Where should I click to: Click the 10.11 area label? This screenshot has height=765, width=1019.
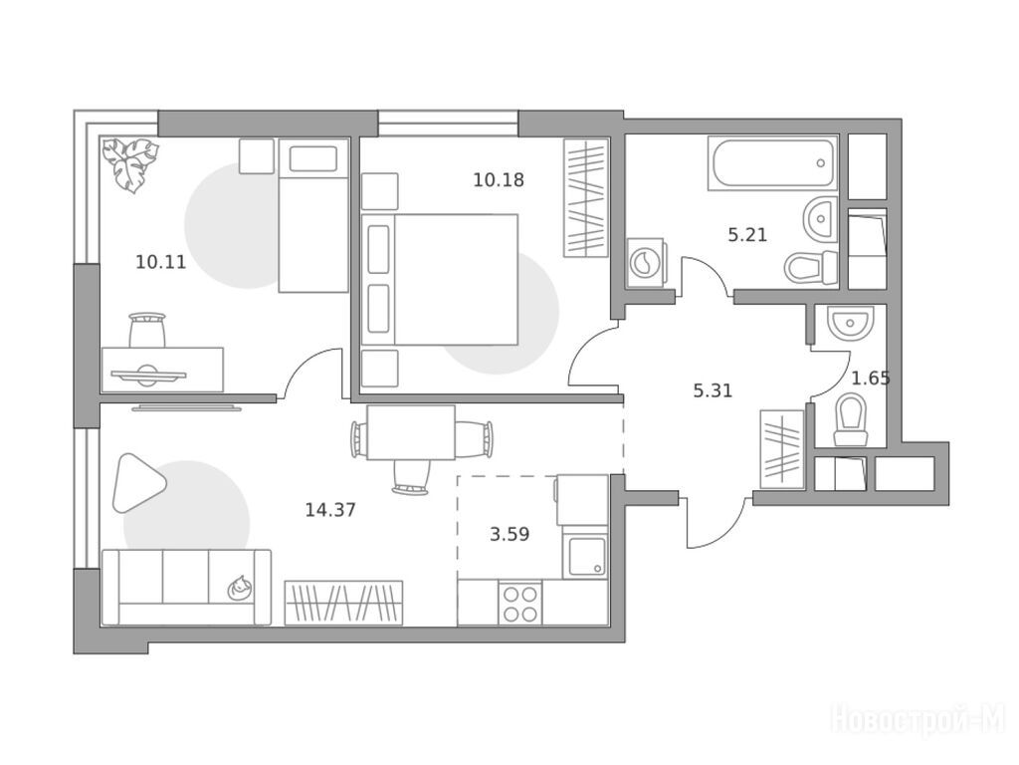tap(160, 262)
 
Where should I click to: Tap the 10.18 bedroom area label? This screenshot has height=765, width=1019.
tap(499, 179)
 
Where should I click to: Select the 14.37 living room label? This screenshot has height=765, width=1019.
tap(330, 509)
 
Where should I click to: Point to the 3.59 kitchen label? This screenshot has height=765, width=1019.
tap(509, 534)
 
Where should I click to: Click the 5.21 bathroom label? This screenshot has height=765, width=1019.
tap(747, 234)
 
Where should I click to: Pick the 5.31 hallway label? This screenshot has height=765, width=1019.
tap(713, 390)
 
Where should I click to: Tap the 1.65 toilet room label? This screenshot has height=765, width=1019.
tap(871, 378)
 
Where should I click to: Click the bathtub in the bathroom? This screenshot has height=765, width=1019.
tap(772, 163)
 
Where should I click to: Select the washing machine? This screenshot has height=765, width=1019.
tap(645, 263)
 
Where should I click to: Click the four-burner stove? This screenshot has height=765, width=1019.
tap(520, 604)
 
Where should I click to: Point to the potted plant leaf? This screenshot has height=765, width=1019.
tap(130, 164)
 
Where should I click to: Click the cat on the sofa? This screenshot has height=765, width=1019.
tap(239, 588)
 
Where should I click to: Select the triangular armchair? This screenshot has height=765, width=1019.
tap(138, 483)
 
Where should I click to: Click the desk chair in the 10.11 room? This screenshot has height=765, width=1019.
tap(147, 331)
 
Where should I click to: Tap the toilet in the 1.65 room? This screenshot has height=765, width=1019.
tap(851, 419)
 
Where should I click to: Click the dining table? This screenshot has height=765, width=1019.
tap(411, 432)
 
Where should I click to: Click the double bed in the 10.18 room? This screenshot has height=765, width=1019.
tap(440, 280)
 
